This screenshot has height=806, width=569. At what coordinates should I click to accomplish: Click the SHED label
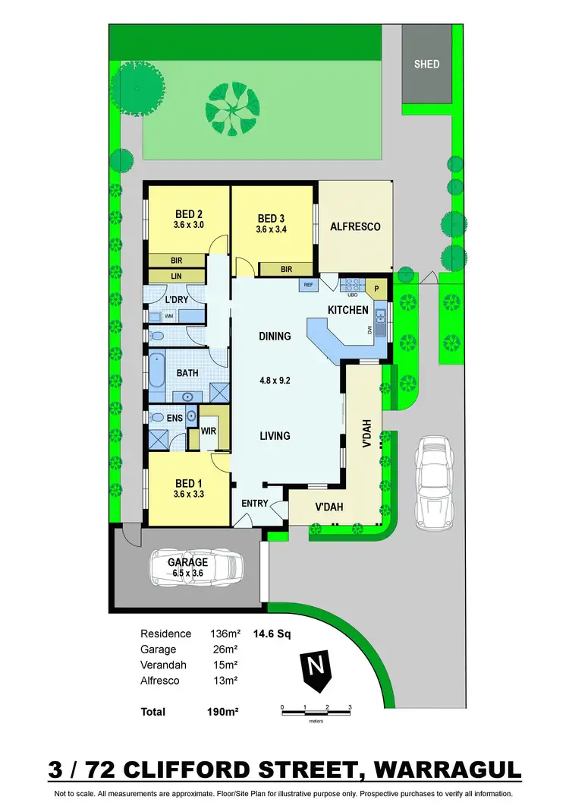[426, 64]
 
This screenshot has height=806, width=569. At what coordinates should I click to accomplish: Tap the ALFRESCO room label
[354, 226]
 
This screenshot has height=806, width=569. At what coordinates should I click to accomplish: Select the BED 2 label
[188, 213]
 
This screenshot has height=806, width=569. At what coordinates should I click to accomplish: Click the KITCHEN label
[348, 310]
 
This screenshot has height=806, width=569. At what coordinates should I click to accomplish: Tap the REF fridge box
[309, 285]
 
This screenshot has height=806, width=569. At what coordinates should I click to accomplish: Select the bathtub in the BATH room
[157, 376]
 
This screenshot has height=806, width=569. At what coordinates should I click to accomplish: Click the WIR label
[209, 431]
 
